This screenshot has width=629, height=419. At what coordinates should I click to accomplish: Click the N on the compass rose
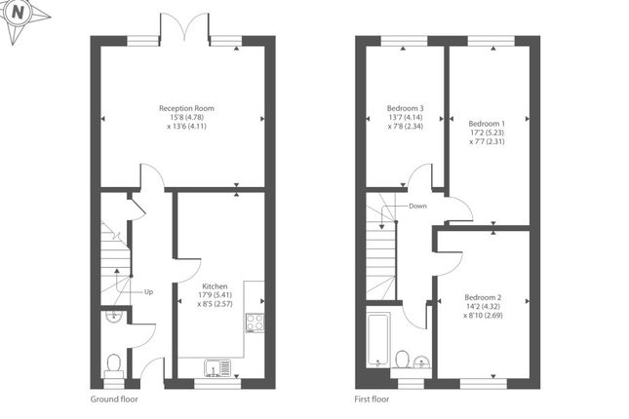click(x=18, y=13)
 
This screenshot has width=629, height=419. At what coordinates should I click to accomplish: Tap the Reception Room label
click(x=186, y=108)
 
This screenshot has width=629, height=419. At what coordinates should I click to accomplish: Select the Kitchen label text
click(x=215, y=286)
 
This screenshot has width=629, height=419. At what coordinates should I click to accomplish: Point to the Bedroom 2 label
click(x=483, y=297)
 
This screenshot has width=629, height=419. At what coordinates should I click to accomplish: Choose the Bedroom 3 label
click(x=405, y=108)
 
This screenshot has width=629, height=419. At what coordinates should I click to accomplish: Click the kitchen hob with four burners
click(x=255, y=323)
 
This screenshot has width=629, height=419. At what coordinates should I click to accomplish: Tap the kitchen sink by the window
click(x=217, y=368)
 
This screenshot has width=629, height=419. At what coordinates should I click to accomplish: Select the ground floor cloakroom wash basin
click(x=114, y=316)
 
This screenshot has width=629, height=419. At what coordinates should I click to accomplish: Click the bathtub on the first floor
click(x=377, y=340)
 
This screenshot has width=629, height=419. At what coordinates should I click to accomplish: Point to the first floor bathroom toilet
click(x=402, y=359)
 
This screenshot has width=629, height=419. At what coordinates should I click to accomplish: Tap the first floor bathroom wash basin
click(x=421, y=362)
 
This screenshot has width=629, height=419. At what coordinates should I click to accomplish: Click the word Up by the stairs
click(x=148, y=292)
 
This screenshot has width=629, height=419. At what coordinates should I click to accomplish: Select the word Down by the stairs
click(x=417, y=207)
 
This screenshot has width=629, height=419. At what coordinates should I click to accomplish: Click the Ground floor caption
click(x=114, y=399)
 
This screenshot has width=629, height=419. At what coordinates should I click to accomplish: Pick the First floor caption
click(x=372, y=399)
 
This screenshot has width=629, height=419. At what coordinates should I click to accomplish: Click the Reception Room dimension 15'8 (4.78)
click(x=187, y=118)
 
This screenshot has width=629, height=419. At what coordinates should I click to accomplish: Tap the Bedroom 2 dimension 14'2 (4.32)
click(x=483, y=306)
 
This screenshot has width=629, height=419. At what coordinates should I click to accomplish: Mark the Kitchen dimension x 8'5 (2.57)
click(x=215, y=304)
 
